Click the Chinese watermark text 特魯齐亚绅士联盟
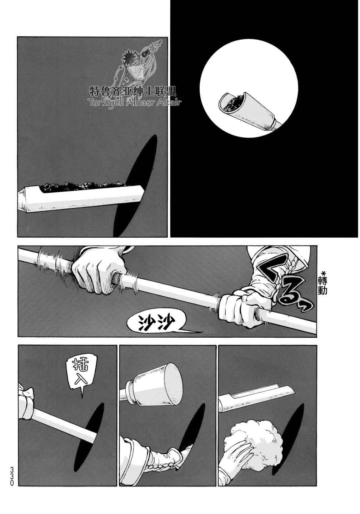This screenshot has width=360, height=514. point(132,92)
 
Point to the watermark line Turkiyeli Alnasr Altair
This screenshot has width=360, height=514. point(134,102)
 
